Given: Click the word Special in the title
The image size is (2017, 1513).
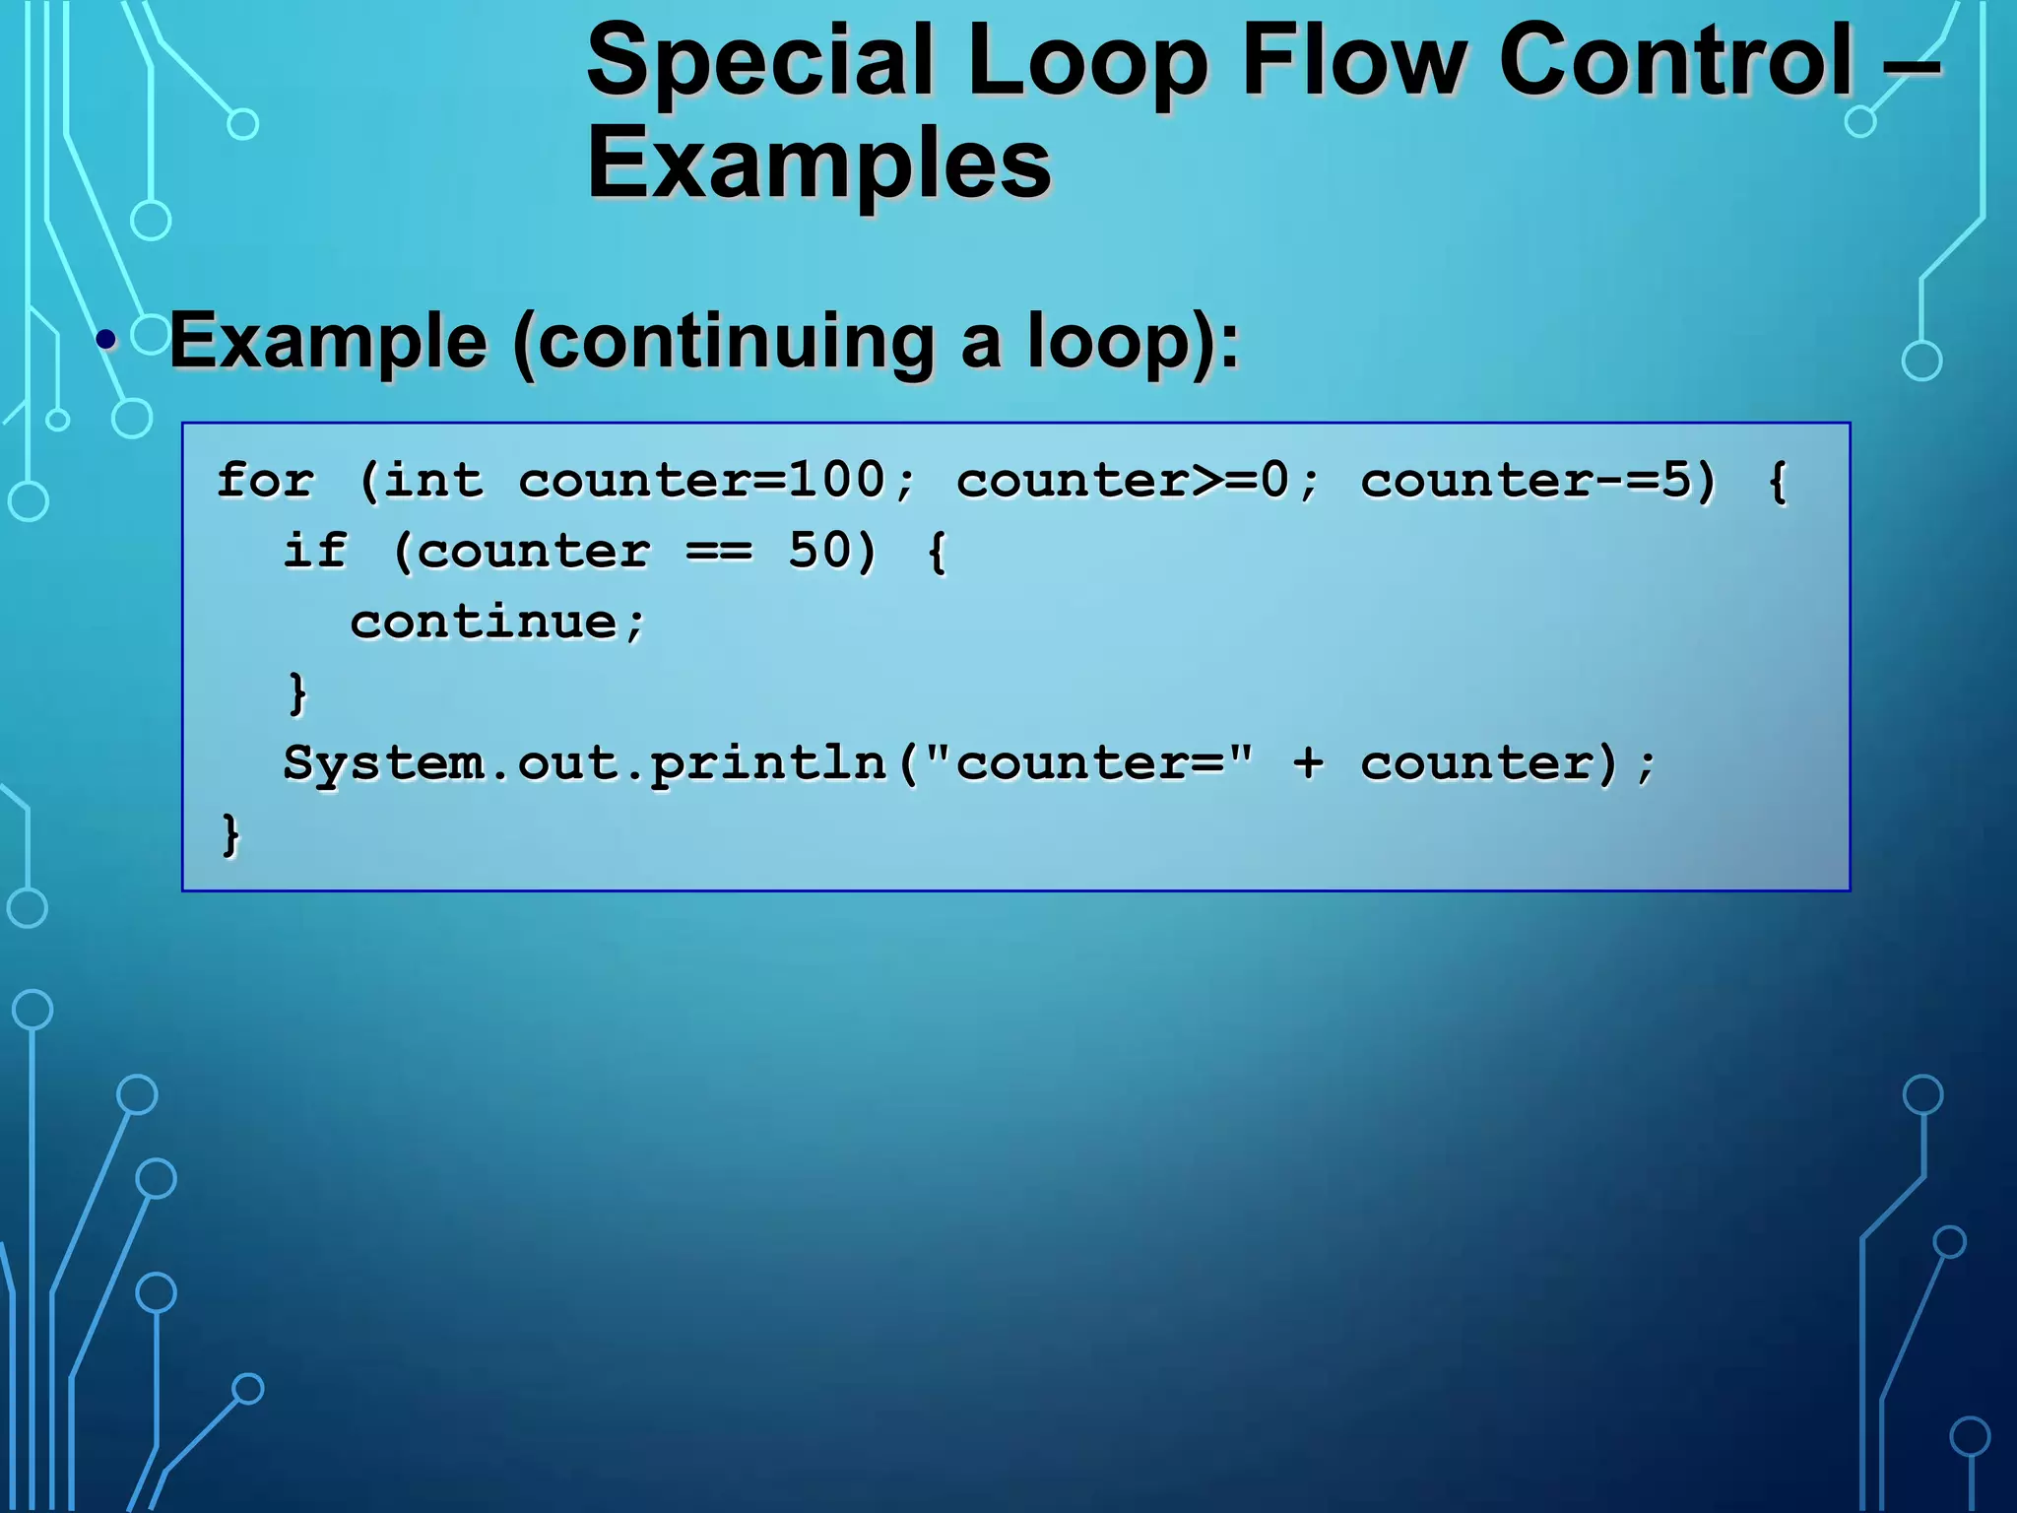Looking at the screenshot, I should [x=759, y=61].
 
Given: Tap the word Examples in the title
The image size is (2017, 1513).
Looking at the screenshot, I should [x=818, y=164].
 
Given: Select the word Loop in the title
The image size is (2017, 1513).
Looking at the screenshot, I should [x=1087, y=61].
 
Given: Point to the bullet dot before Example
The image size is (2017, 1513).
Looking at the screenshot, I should [x=106, y=341].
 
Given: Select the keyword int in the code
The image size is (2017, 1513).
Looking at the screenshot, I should [x=433, y=481].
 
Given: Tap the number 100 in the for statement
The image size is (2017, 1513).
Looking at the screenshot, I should [x=837, y=481].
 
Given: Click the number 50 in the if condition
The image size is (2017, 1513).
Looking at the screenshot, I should [x=819, y=551].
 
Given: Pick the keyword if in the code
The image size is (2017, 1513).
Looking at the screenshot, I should [x=315, y=551].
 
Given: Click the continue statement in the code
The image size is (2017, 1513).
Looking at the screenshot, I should [x=485, y=622].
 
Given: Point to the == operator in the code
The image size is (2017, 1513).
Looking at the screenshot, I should [x=719, y=551].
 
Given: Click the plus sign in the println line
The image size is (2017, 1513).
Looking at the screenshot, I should [x=1308, y=763].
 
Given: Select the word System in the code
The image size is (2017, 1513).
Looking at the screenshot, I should [x=383, y=763].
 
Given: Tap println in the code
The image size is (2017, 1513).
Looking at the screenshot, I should [x=768, y=763].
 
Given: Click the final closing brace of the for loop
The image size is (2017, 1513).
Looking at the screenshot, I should [x=230, y=834].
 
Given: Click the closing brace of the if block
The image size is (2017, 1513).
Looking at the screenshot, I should [x=297, y=692].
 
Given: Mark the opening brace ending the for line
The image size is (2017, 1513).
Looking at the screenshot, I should [x=1777, y=481].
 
